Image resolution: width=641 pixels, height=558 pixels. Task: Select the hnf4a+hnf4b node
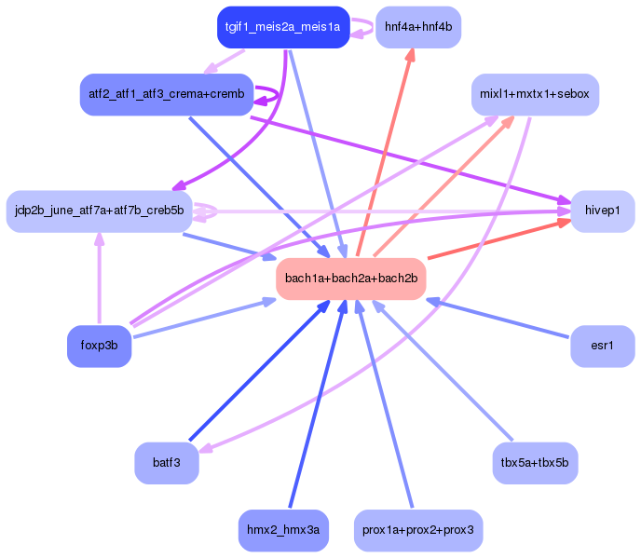(x=417, y=27)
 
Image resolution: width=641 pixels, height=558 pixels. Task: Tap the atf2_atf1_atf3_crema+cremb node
(x=166, y=94)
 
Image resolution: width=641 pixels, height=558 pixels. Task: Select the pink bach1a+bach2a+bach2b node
(x=350, y=279)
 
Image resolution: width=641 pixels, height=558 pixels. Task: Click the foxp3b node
(x=99, y=346)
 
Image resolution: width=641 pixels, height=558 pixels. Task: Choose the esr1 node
(x=603, y=346)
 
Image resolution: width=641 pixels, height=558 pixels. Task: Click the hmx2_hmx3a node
(x=283, y=530)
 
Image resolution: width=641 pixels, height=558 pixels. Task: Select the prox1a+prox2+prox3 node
(x=418, y=530)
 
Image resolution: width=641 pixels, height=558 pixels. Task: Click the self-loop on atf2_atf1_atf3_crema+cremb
(x=273, y=95)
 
